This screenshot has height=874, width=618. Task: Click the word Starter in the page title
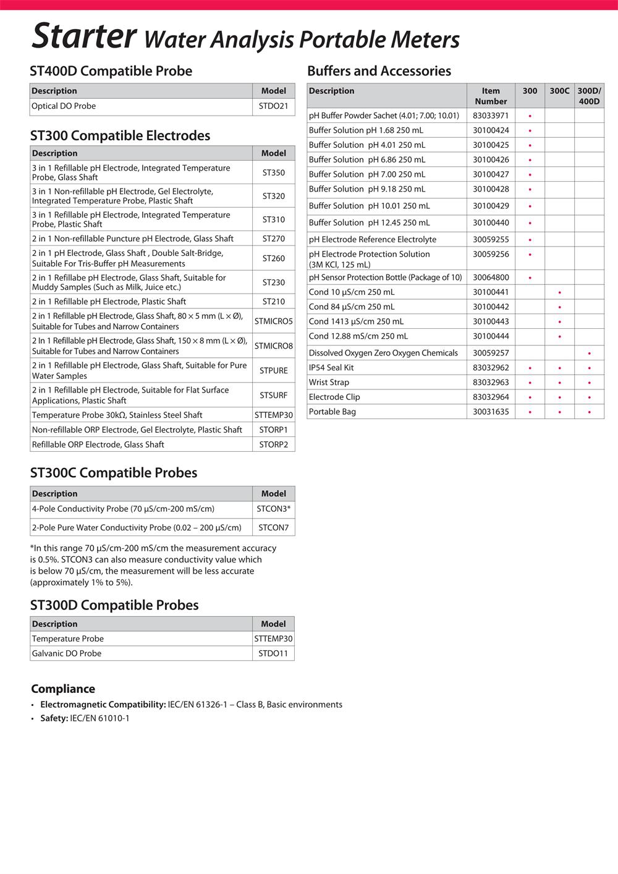click(x=83, y=36)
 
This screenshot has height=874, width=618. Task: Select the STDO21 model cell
click(x=273, y=106)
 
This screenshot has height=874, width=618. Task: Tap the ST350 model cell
click(x=273, y=172)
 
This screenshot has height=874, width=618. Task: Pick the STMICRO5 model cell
click(x=273, y=321)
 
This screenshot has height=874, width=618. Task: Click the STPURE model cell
click(x=273, y=370)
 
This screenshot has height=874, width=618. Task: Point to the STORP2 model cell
click(x=273, y=444)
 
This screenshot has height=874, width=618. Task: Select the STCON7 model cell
click(x=273, y=528)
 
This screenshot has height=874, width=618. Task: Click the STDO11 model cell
click(x=273, y=653)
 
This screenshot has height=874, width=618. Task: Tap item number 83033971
click(x=491, y=116)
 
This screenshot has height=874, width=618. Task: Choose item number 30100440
click(x=491, y=223)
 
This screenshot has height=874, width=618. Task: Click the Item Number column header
click(x=491, y=96)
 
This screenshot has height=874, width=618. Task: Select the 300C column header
click(x=559, y=91)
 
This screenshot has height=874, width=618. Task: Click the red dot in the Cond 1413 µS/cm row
click(x=559, y=322)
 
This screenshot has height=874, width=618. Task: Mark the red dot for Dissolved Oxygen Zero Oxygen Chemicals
click(x=590, y=354)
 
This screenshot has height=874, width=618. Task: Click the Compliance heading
click(x=63, y=689)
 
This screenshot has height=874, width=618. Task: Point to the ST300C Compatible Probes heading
click(x=114, y=473)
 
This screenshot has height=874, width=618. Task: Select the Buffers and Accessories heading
click(x=379, y=71)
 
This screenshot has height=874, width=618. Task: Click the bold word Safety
click(x=54, y=718)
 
